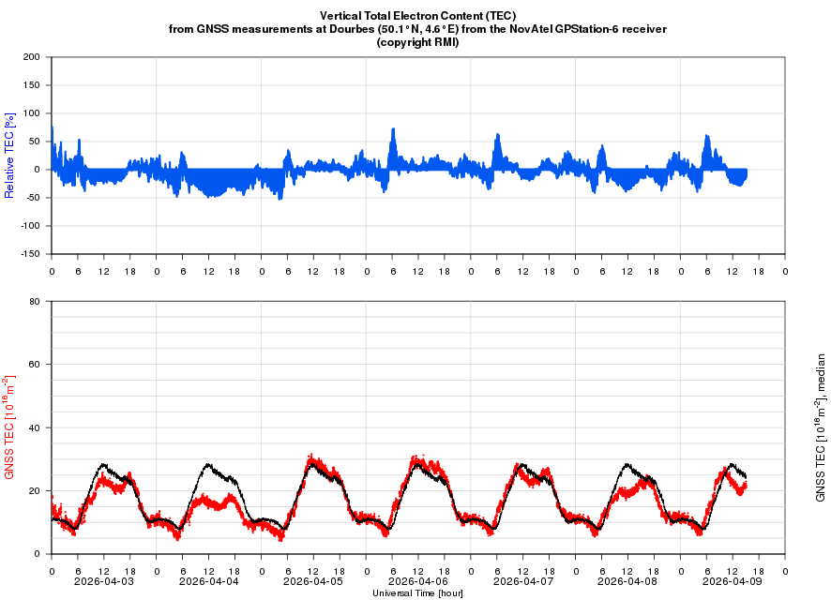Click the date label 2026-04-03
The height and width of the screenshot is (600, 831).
coord(104,581)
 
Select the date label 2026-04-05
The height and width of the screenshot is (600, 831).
coord(313,581)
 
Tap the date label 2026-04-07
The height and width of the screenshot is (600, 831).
coord(523,581)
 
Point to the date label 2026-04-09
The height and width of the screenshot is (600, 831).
coord(733,581)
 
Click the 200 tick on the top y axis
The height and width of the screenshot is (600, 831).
coord(32,57)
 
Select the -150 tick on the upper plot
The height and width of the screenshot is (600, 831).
coord(29,254)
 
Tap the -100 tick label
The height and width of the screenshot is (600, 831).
coord(29,226)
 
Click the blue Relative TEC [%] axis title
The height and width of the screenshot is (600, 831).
coord(10,155)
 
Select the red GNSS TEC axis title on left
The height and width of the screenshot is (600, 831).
coord(10,427)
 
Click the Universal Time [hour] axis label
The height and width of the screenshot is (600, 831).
coord(417,593)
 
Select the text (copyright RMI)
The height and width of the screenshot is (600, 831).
coord(417,42)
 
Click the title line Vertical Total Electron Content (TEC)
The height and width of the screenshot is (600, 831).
coord(417,16)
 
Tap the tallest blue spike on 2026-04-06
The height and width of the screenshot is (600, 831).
coord(393,129)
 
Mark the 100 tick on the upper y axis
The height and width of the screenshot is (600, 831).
coord(32,113)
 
